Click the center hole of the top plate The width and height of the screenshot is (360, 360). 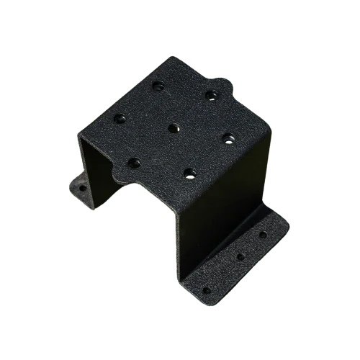pos(174,128)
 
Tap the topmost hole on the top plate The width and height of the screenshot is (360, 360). pos(158,86)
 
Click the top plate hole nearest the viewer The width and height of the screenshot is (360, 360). pos(189,172)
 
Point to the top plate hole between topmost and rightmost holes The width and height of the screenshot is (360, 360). pos(210,94)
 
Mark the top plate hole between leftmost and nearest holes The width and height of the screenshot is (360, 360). pos(133,161)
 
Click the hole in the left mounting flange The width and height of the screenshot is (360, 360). pos(82,188)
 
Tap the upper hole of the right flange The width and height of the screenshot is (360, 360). pos(263,234)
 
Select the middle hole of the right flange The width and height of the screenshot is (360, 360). pos(240,256)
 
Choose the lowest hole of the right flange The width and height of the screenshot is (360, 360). pos(207,290)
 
